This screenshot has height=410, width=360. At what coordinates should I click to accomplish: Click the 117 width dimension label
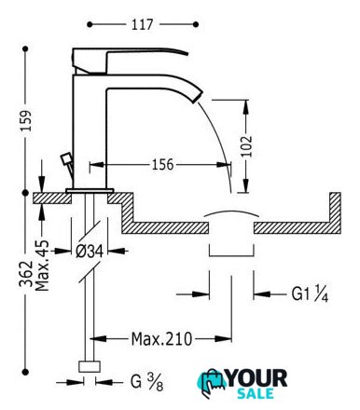tap(142, 24)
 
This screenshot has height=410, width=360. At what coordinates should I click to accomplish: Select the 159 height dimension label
tap(26, 120)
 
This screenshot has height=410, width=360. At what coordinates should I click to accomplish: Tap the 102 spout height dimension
tap(246, 146)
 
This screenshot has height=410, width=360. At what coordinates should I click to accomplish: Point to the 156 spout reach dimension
tap(162, 164)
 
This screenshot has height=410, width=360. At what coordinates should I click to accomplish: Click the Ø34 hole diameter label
tap(90, 251)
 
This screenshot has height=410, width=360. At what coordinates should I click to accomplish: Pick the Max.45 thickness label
tap(42, 266)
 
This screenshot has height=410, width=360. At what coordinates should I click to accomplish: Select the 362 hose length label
tap(26, 274)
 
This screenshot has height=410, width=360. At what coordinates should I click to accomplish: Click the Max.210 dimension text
tap(161, 339)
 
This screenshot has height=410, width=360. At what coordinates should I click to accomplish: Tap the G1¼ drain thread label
tap(310, 294)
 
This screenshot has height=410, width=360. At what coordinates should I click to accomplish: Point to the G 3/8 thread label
tap(146, 382)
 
